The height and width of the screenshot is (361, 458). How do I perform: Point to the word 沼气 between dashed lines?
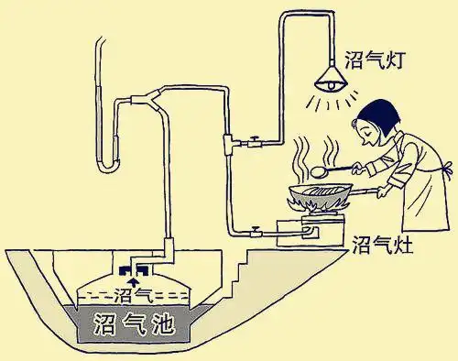[137, 295]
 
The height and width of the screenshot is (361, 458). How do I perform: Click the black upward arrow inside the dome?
[137, 282]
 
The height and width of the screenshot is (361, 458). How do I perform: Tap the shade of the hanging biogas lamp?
[327, 79]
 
